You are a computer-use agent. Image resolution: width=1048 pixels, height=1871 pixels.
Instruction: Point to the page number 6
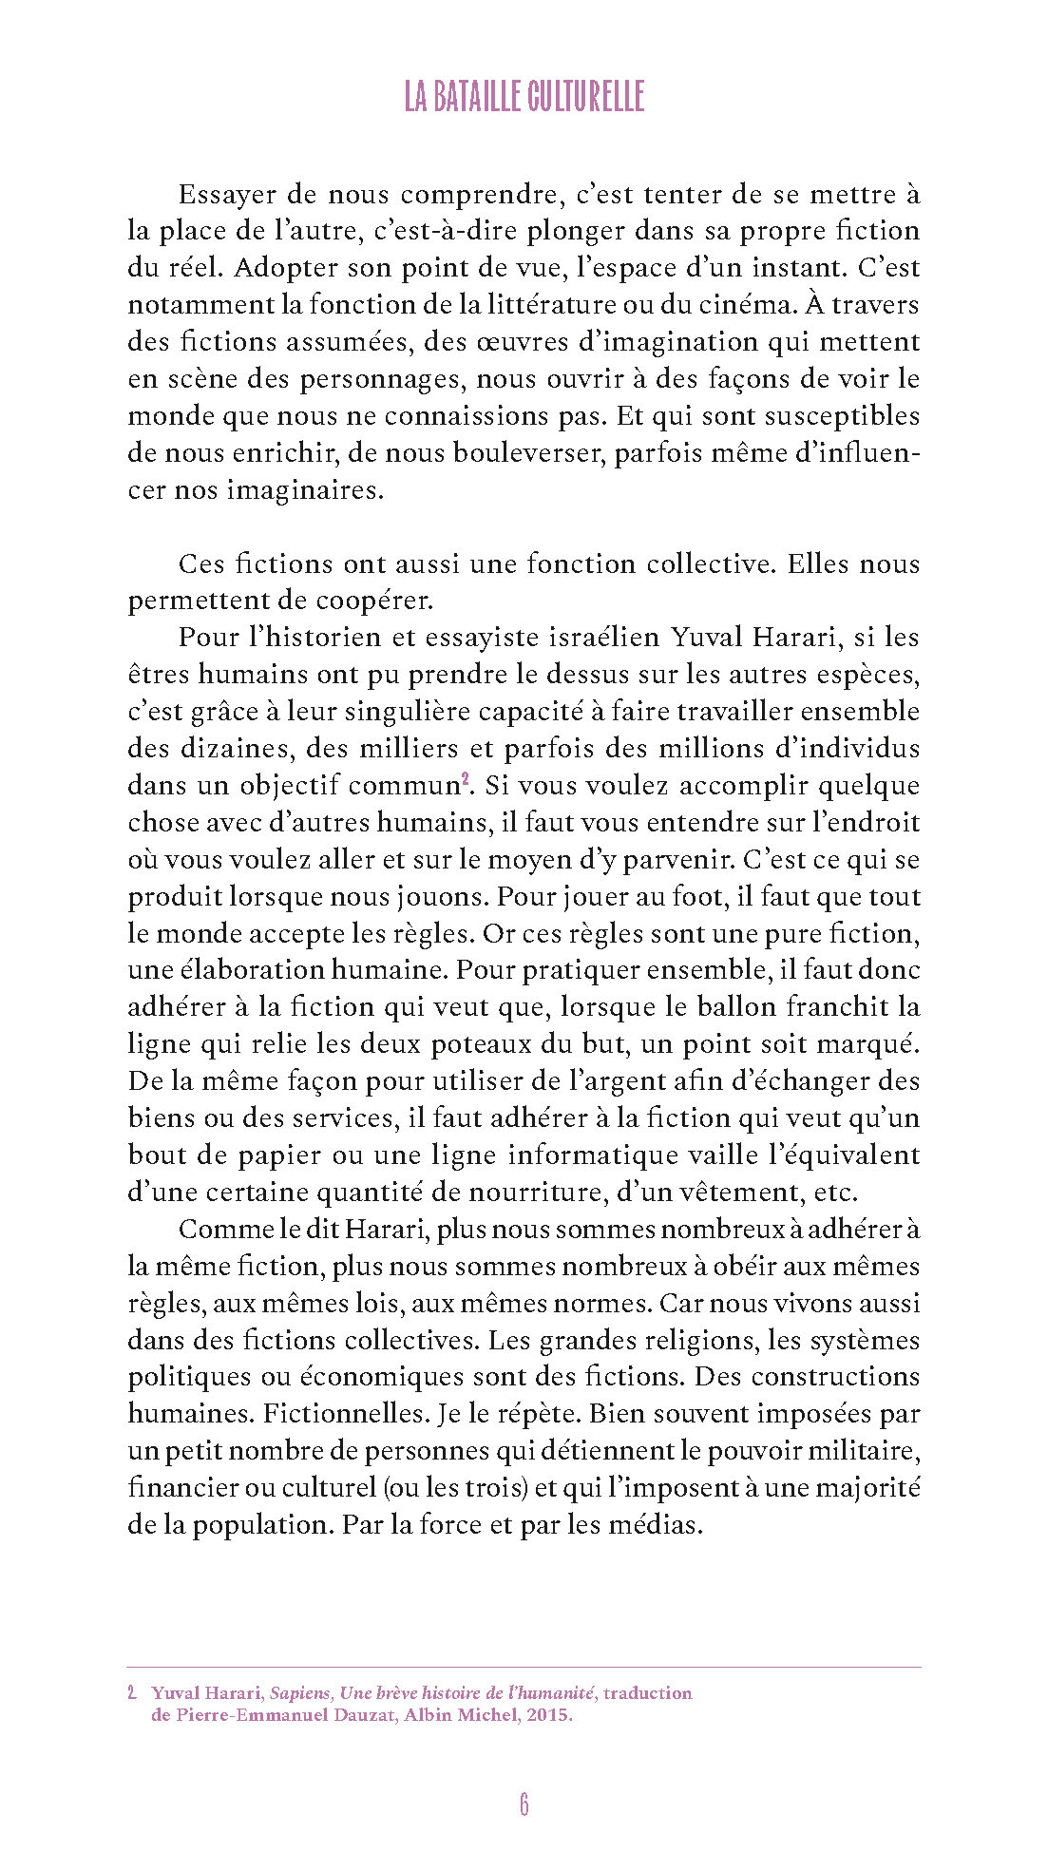524,1804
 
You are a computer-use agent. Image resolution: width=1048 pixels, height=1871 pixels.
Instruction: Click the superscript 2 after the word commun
466,780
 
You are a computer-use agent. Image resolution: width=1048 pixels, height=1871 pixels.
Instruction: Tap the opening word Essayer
227,195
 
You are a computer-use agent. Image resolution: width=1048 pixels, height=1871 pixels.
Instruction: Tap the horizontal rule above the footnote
524,1667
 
